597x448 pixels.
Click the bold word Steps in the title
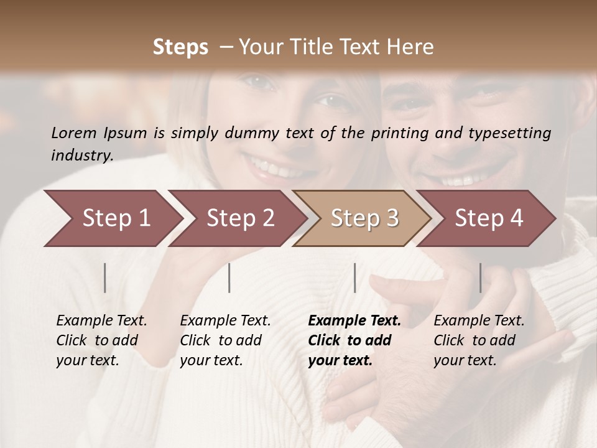click(180, 47)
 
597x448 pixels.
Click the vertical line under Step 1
click(105, 278)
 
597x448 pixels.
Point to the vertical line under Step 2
click(229, 278)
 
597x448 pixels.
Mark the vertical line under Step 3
click(354, 278)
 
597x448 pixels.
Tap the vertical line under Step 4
click(480, 278)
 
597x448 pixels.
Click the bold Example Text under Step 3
click(354, 320)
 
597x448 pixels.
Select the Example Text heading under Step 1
click(101, 320)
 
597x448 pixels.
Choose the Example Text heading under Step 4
click(479, 320)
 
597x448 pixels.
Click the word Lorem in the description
click(74, 133)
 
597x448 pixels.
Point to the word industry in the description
click(82, 156)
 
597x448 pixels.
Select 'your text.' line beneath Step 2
click(211, 360)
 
